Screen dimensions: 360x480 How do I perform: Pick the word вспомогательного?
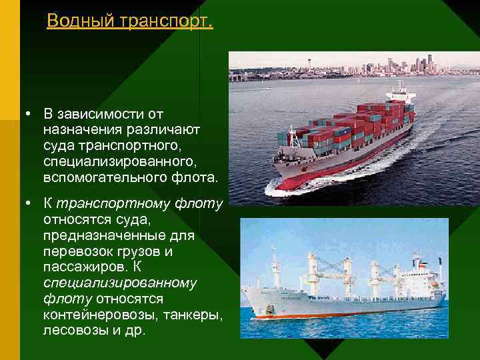[x=107, y=177]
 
